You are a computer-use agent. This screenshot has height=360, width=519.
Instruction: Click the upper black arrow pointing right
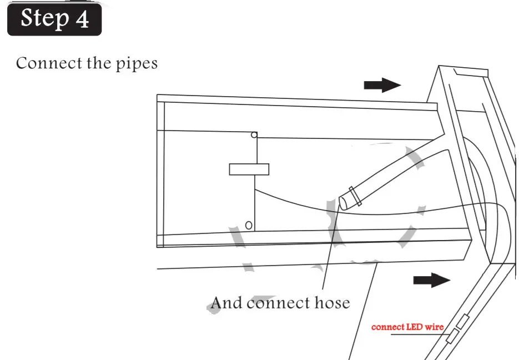click(382, 84)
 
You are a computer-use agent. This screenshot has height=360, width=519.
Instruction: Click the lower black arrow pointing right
click(431, 279)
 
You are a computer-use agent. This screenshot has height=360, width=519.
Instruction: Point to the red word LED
click(415, 327)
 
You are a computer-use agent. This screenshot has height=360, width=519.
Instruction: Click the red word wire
click(435, 327)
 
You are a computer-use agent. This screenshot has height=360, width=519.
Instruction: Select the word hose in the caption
click(332, 303)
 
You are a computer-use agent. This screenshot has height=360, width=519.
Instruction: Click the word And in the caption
click(227, 303)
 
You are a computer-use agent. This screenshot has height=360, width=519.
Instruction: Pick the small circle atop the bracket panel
click(254, 135)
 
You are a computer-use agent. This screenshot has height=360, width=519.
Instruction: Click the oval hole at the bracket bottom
click(249, 224)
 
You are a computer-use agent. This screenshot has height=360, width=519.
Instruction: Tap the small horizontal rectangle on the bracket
click(249, 169)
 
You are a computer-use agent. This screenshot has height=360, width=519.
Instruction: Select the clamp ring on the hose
click(355, 196)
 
